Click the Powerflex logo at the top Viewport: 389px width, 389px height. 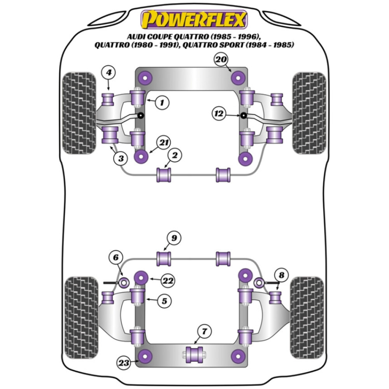pyautogui.click(x=194, y=19)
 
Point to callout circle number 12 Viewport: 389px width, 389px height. pyautogui.click(x=219, y=114)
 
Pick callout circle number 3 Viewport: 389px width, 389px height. pyautogui.click(x=121, y=158)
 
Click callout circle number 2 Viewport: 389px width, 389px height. pyautogui.click(x=175, y=156)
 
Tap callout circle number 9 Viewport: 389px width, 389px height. pyautogui.click(x=175, y=238)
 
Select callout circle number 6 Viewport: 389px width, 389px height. pyautogui.click(x=118, y=258)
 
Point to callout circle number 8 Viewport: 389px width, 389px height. pyautogui.click(x=282, y=275)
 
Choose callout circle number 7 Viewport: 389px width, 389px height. pyautogui.click(x=205, y=332)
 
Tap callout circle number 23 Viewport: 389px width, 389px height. pyautogui.click(x=124, y=363)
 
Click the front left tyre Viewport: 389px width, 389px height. pyautogui.click(x=79, y=113)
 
